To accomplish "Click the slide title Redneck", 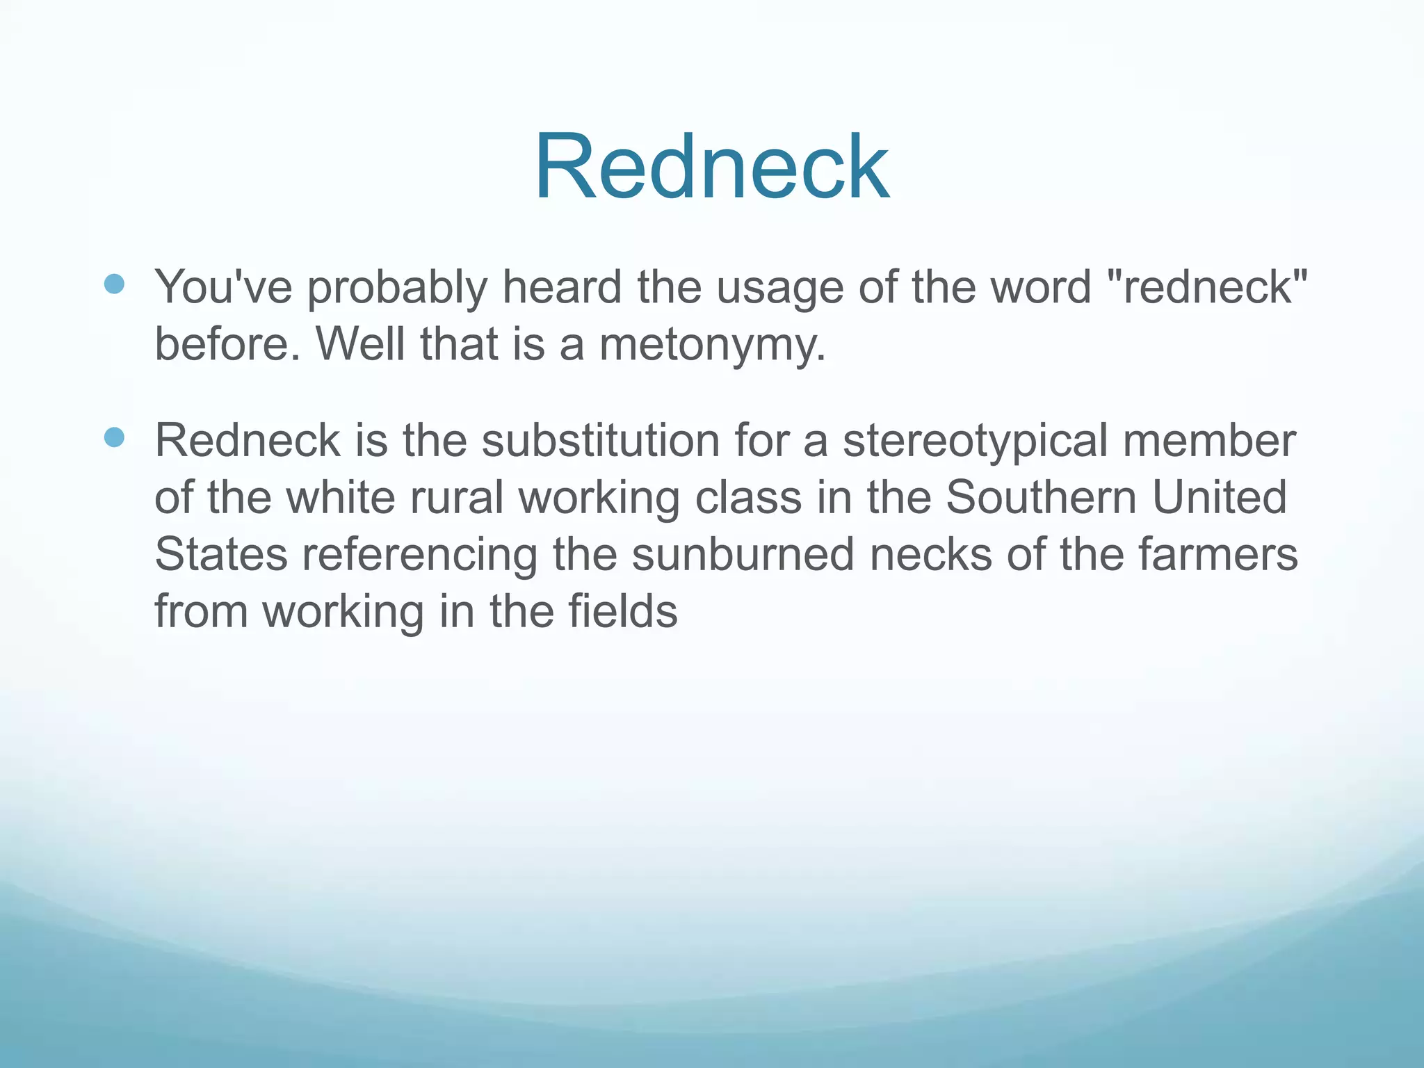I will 711,168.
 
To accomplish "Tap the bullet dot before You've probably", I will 114,284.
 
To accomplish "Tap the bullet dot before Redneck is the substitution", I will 114,437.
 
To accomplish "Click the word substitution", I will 600,441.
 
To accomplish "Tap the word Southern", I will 1041,498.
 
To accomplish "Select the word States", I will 221,555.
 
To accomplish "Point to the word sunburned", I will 743,555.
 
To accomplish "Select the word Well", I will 360,344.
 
